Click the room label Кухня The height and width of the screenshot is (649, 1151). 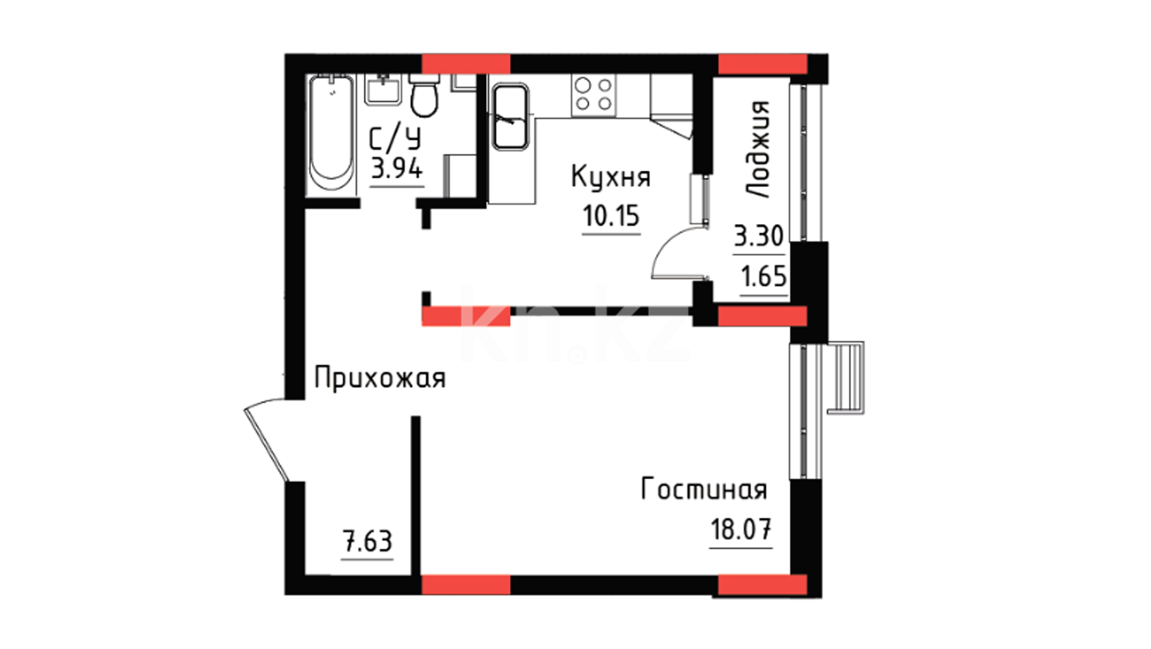click(x=610, y=177)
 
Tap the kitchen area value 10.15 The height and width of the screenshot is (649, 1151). click(x=611, y=216)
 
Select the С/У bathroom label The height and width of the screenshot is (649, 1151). click(x=394, y=139)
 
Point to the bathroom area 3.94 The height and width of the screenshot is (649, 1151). click(x=397, y=168)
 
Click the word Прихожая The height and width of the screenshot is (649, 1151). click(x=379, y=379)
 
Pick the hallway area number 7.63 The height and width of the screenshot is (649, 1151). click(x=367, y=541)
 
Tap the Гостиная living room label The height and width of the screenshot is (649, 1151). click(x=704, y=489)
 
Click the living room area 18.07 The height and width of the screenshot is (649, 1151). click(x=741, y=529)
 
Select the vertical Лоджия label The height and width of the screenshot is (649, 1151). click(x=758, y=150)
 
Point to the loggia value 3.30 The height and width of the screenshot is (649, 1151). click(x=759, y=236)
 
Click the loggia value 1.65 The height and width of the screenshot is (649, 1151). click(x=764, y=276)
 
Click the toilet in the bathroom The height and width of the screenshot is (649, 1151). click(x=425, y=96)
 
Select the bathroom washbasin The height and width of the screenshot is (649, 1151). click(x=383, y=90)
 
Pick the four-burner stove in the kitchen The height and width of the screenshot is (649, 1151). click(x=594, y=94)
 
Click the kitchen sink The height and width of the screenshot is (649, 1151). click(x=511, y=117)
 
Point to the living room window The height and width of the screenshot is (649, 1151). click(x=806, y=411)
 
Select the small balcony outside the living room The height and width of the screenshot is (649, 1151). click(x=846, y=377)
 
